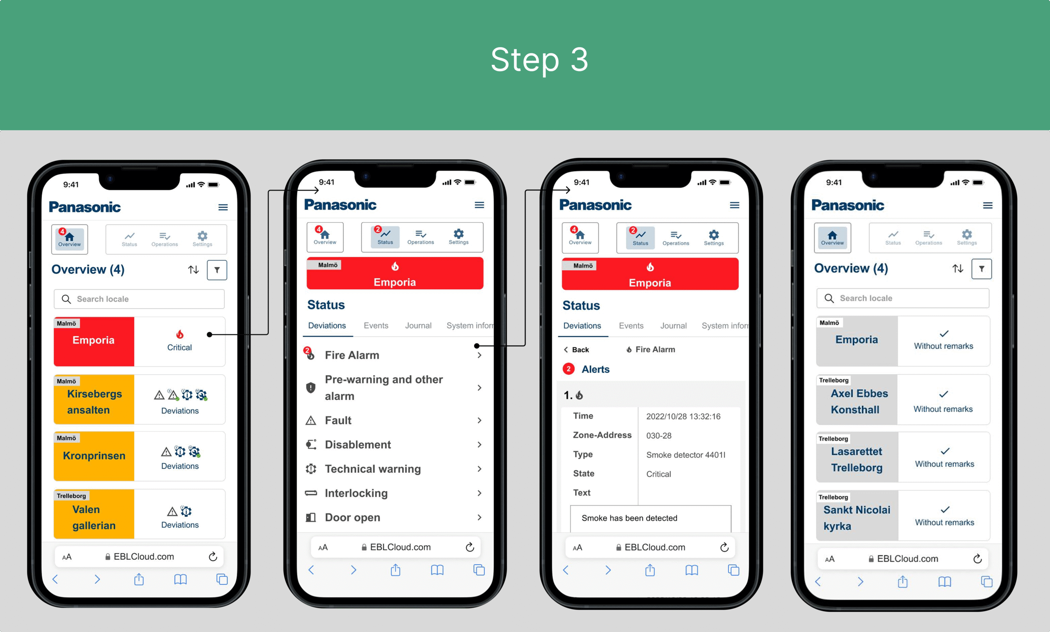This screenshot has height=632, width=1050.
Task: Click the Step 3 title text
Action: pos(539,60)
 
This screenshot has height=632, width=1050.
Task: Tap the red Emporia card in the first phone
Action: pos(94,341)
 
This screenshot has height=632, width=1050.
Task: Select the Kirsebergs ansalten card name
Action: pos(94,402)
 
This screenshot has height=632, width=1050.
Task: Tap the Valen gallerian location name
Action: pos(94,518)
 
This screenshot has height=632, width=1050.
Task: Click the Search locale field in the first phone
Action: pos(139,299)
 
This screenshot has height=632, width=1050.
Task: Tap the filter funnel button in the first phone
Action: pos(217,270)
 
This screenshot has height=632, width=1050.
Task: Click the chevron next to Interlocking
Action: pos(479,493)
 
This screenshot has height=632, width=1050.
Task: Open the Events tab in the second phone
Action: pos(376,325)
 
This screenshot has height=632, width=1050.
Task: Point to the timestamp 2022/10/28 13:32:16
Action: pos(683,417)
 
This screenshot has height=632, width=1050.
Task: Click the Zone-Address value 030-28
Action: pos(659,436)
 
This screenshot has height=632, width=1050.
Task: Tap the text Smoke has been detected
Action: pos(630,518)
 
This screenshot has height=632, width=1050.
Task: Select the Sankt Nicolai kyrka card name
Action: pos(856,518)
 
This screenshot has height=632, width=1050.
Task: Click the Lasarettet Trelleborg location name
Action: pos(857,460)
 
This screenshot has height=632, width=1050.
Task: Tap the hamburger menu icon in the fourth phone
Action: pos(988,206)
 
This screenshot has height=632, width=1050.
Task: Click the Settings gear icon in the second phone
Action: pos(459,234)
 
